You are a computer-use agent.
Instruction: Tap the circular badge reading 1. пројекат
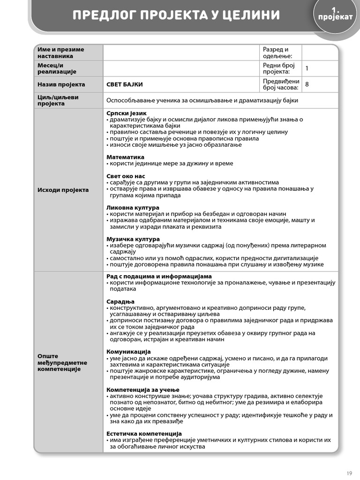coord(335,14)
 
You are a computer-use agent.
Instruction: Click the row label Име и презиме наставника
coord(61,52)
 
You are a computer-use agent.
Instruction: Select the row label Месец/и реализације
coord(57,68)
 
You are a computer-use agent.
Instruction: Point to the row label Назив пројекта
coord(61,84)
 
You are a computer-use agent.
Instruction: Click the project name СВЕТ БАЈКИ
coord(125,84)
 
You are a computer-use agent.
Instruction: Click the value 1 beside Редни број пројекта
coord(307,68)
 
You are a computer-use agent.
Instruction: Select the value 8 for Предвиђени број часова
coord(307,84)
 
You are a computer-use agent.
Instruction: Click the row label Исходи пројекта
coord(63,190)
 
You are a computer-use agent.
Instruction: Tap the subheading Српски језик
coord(127,113)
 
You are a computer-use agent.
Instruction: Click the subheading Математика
coord(125,157)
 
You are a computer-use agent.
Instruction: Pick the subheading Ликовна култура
coord(133,208)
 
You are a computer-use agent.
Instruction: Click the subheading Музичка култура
coord(133,239)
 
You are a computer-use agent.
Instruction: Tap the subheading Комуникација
coord(128,351)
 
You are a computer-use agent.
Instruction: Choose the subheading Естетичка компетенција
coord(144,434)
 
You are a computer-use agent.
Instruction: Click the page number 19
coord(349,472)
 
